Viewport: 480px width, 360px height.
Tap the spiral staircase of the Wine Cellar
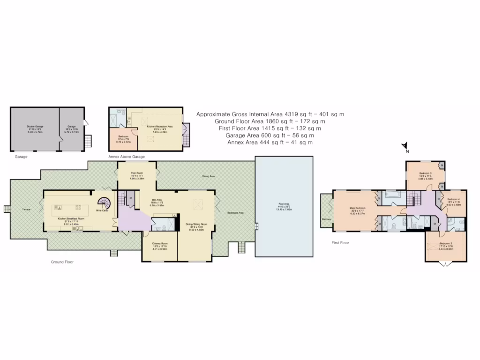(x=104, y=203)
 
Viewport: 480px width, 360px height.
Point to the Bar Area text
(x=156, y=200)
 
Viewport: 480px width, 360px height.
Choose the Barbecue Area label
(x=235, y=212)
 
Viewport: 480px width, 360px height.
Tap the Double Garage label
(x=35, y=127)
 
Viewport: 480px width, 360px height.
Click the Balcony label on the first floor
(x=327, y=219)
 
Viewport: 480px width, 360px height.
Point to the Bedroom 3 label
(x=425, y=173)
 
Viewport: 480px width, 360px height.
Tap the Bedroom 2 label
(x=446, y=245)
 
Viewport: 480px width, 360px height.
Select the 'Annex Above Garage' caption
(x=126, y=157)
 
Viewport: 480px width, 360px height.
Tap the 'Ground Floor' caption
(x=62, y=262)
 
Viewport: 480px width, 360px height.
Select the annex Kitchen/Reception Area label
(x=160, y=127)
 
